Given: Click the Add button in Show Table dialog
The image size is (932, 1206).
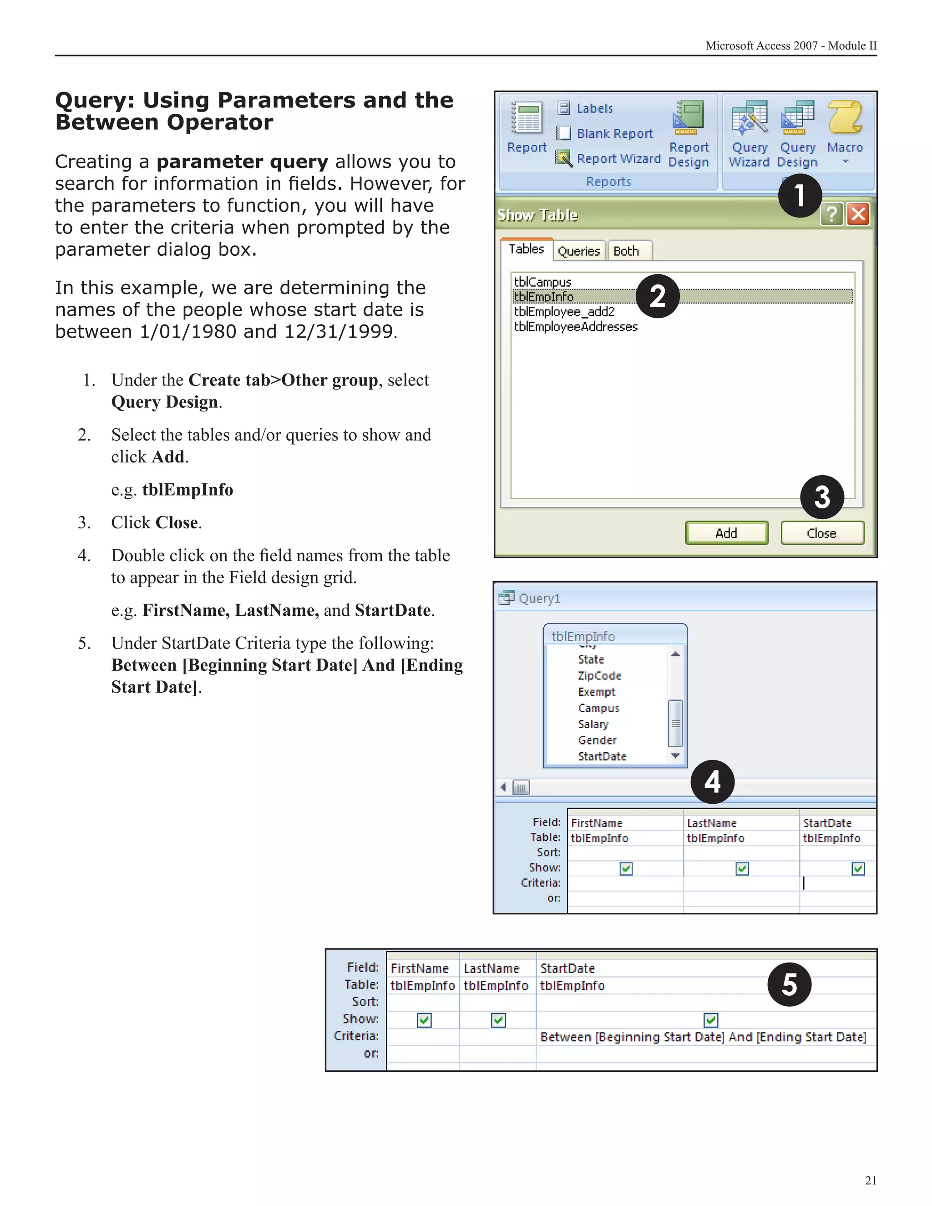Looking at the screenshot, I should point(726,533).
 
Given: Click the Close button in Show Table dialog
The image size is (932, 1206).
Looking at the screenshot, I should point(821,533).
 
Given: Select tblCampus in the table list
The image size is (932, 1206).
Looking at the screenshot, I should point(542,282).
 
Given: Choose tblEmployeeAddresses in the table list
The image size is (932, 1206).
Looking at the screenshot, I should point(575,327).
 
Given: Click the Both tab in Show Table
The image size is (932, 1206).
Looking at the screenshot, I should point(626,251).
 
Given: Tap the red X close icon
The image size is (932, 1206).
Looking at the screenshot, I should point(858,214).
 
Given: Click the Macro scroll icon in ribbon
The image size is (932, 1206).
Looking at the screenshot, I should point(845,117).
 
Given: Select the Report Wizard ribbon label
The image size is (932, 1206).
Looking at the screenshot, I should point(618,159).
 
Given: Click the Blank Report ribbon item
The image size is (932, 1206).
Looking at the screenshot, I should point(614,134).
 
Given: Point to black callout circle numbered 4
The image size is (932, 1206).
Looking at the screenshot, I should point(712,782).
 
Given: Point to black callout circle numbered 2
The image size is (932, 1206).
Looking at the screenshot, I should point(657,297).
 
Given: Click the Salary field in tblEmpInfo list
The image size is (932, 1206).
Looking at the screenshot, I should point(593,724).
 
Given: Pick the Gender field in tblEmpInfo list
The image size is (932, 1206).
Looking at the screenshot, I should point(597,740).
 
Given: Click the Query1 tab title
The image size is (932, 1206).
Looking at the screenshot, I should point(539,598).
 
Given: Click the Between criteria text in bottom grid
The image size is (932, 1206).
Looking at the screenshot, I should point(702,1037).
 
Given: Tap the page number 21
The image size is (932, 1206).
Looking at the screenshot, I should point(870,1181).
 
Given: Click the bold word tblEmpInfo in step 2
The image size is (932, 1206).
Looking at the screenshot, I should point(188,490).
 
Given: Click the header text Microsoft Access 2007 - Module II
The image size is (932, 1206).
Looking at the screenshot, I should point(790,46).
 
